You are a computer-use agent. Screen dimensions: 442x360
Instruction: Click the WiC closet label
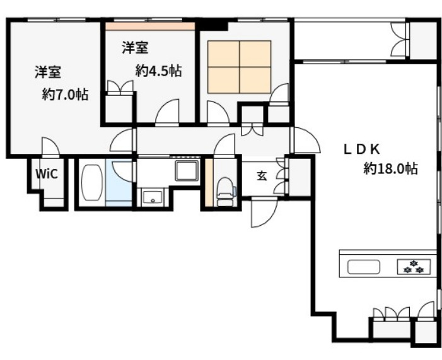pyautogui.click(x=47, y=174)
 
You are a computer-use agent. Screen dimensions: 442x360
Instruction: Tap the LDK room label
pyautogui.click(x=362, y=149)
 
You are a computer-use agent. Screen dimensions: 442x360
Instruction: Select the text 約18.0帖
pyautogui.click(x=391, y=168)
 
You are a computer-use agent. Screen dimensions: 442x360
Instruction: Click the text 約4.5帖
pyautogui.click(x=158, y=71)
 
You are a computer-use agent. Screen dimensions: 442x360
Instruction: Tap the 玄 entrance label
pyautogui.click(x=262, y=176)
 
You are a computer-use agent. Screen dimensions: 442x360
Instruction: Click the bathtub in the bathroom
pyautogui.click(x=91, y=183)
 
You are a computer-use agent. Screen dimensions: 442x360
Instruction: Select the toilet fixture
pyautogui.click(x=225, y=192)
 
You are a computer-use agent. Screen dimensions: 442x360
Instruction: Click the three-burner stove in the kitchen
pyautogui.click(x=414, y=266)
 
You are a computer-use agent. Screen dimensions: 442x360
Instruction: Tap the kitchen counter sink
pyautogui.click(x=364, y=267)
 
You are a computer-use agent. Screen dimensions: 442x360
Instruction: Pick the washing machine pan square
pyautogui.click(x=187, y=170)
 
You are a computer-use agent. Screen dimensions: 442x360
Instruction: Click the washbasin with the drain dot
pyautogui.click(x=153, y=197)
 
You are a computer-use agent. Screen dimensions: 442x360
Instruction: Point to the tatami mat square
pyautogui.click(x=240, y=67)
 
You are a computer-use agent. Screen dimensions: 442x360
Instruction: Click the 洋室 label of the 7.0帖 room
pyautogui.click(x=48, y=72)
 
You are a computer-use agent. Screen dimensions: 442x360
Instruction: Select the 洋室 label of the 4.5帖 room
pyautogui.click(x=135, y=47)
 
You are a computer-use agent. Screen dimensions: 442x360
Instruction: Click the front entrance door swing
pyautogui.click(x=264, y=212)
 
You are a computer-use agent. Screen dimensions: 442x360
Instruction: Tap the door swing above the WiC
pyautogui.click(x=50, y=147)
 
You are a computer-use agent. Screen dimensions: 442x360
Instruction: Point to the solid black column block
pyautogui.click(x=212, y=24)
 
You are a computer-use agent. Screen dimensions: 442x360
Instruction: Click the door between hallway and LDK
pyautogui.click(x=306, y=141)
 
